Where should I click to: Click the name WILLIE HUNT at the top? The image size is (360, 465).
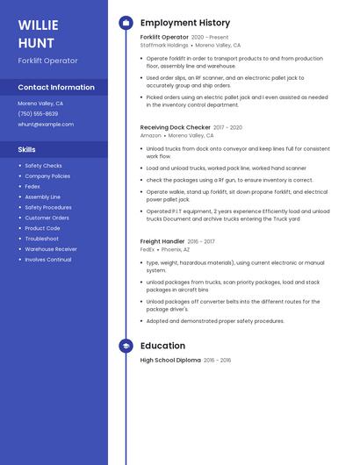37,33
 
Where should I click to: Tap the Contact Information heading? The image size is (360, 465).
56,87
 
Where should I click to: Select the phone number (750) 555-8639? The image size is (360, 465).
38,114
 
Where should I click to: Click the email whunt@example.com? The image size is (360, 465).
46,125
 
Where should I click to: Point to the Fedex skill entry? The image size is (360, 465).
32,186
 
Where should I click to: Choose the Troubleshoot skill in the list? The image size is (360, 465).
42,239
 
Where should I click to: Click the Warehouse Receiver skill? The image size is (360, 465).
51,249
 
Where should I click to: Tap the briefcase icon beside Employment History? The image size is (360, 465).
126,22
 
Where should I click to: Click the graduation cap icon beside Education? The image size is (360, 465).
126,346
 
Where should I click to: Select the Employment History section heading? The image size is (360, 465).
185,22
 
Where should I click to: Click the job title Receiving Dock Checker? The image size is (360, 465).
175,127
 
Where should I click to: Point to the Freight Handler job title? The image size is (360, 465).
162,240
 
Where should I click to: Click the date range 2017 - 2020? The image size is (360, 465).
227,127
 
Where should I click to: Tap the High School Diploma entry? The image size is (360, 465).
170,360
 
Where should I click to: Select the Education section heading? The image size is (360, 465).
162,346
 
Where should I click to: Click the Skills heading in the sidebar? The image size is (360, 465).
26,149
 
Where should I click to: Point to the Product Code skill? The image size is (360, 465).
42,228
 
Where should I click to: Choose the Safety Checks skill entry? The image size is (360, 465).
43,165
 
